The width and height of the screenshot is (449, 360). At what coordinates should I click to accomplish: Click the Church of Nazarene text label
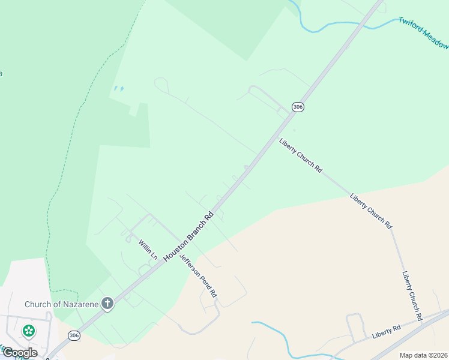click(x=61, y=304)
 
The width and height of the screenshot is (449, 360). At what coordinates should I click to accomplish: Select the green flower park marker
click(x=28, y=331)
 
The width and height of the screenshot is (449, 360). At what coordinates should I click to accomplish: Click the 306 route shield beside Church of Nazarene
click(x=74, y=335)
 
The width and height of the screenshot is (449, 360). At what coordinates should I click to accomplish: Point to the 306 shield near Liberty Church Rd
click(x=298, y=107)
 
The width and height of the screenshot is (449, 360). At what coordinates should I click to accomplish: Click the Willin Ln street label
click(x=148, y=249)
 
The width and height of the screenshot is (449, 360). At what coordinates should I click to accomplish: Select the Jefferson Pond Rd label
click(x=198, y=274)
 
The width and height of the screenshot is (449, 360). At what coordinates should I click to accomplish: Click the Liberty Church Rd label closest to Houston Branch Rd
click(x=301, y=155)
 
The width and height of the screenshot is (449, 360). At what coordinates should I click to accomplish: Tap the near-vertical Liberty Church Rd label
click(x=412, y=295)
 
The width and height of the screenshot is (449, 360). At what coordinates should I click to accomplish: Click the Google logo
click(x=20, y=353)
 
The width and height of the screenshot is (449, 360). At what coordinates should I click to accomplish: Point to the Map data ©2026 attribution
click(x=423, y=355)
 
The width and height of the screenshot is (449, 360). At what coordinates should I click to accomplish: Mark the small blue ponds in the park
click(x=118, y=89)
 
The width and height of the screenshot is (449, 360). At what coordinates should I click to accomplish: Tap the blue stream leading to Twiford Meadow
click(x=336, y=25)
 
